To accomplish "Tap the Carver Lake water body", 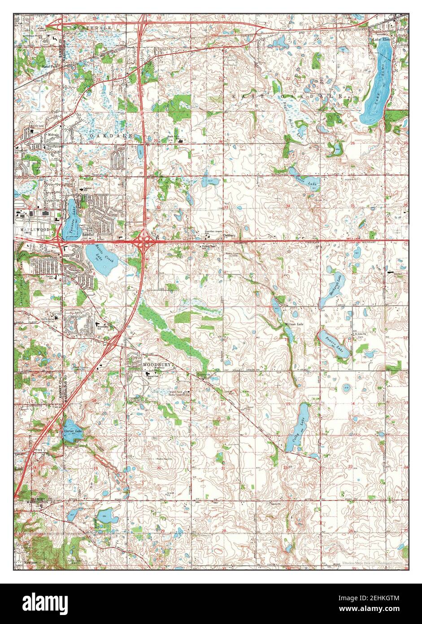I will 70,428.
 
